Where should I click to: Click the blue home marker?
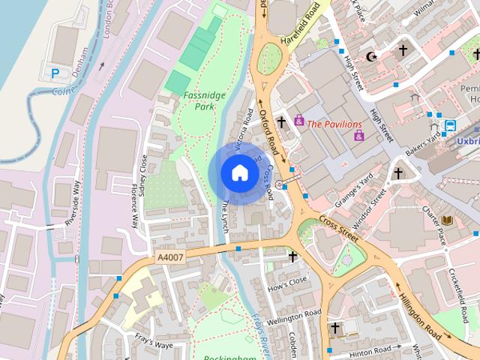(239, 172)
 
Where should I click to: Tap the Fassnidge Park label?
(199, 101)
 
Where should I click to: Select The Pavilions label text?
(334, 124)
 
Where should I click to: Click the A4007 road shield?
(170, 257)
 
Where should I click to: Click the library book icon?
(448, 220)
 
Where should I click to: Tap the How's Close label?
(288, 282)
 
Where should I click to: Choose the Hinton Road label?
(367, 349)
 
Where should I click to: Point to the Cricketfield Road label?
(457, 286)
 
